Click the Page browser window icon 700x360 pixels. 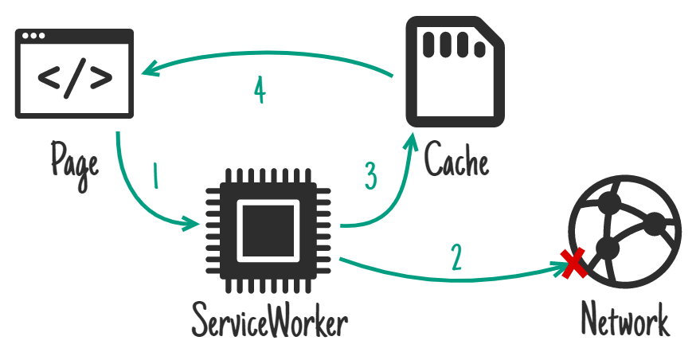[74, 73]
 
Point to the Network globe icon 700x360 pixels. [624, 231]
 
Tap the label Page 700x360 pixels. [74, 160]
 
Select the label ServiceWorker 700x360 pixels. [269, 323]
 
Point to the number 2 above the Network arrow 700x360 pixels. [455, 256]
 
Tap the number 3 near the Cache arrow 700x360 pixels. [370, 176]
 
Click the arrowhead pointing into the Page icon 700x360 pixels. [150, 72]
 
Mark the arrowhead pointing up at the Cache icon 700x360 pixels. [412, 142]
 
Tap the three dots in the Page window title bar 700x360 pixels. [35, 36]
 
